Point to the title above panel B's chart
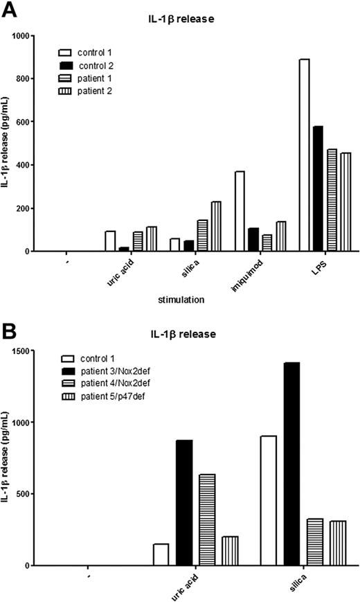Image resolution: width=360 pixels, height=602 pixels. pos(188,335)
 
